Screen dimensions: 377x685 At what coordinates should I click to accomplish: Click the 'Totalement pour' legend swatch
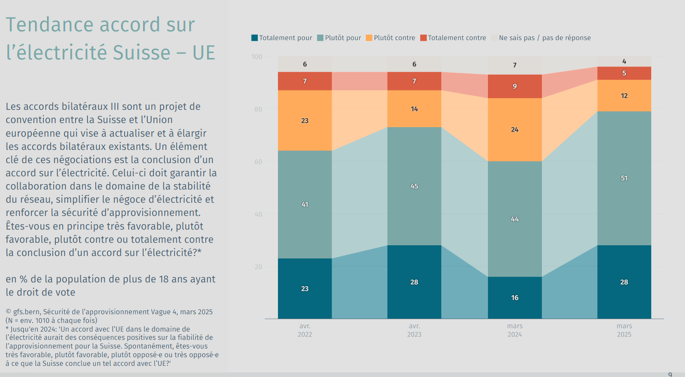(254, 38)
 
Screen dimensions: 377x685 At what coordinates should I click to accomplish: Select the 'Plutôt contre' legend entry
(390, 38)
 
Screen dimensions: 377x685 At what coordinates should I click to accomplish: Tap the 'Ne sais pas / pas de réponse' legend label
(544, 38)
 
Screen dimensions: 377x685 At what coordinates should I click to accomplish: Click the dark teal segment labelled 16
(515, 298)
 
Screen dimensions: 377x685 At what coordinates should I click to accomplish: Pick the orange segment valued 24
(515, 130)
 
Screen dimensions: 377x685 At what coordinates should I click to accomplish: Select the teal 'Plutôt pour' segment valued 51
(624, 178)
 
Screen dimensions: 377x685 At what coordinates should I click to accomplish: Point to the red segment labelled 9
(515, 86)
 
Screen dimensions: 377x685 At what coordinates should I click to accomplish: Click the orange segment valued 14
(414, 109)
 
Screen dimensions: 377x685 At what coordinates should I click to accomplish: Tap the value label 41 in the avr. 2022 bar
(305, 204)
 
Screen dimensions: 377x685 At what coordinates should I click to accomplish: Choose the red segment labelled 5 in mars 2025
(624, 73)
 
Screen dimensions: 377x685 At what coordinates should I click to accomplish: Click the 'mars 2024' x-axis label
(515, 330)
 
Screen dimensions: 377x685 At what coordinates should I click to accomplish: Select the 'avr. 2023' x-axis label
(414, 330)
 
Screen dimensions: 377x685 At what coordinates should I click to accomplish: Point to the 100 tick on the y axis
(257, 57)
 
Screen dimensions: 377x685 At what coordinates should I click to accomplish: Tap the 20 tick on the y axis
(258, 267)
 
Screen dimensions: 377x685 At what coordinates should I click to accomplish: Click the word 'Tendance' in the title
(50, 25)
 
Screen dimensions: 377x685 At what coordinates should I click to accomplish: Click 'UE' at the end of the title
(204, 53)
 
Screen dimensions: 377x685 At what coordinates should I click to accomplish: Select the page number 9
(670, 374)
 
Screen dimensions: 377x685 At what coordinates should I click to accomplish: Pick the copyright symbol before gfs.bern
(8, 312)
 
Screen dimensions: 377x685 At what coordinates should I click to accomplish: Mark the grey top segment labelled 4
(624, 61)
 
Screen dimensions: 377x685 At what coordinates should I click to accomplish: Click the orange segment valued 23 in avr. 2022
(305, 121)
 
